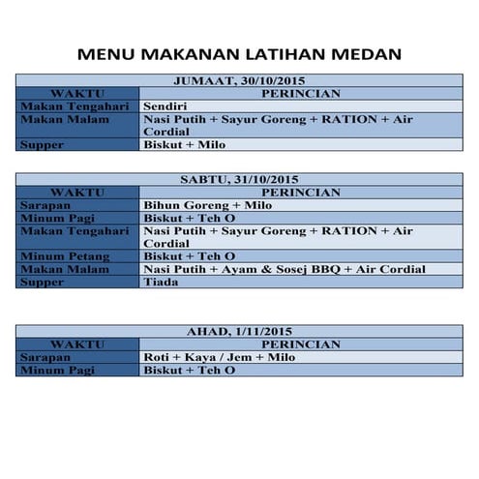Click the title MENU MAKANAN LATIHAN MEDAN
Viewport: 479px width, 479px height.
[x=239, y=54]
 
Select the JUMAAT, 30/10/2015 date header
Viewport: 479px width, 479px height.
[x=239, y=81]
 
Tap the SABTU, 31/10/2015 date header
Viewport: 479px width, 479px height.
[x=239, y=180]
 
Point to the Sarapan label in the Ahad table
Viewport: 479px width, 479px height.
[x=45, y=357]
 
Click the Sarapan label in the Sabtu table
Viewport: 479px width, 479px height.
[x=45, y=206]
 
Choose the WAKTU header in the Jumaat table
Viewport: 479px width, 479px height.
[x=77, y=93]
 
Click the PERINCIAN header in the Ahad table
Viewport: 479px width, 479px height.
[x=301, y=344]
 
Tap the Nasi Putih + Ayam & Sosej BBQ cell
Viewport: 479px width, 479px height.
[x=284, y=269]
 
